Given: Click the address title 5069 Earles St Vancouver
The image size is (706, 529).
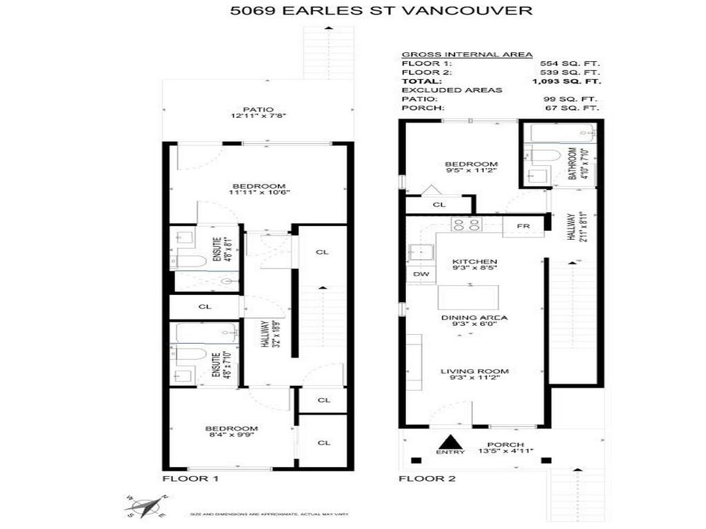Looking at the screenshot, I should click(x=381, y=10).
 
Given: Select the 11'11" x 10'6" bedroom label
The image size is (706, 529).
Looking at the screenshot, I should click(x=259, y=189).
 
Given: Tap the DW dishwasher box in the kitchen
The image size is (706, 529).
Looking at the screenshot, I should click(x=421, y=274).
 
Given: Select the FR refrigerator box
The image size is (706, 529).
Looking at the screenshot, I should click(x=523, y=226).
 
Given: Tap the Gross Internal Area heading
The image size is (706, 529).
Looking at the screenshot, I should click(x=466, y=54).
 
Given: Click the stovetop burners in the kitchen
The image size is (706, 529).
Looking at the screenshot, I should click(x=467, y=224).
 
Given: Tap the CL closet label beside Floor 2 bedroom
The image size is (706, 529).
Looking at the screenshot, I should click(x=438, y=205).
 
